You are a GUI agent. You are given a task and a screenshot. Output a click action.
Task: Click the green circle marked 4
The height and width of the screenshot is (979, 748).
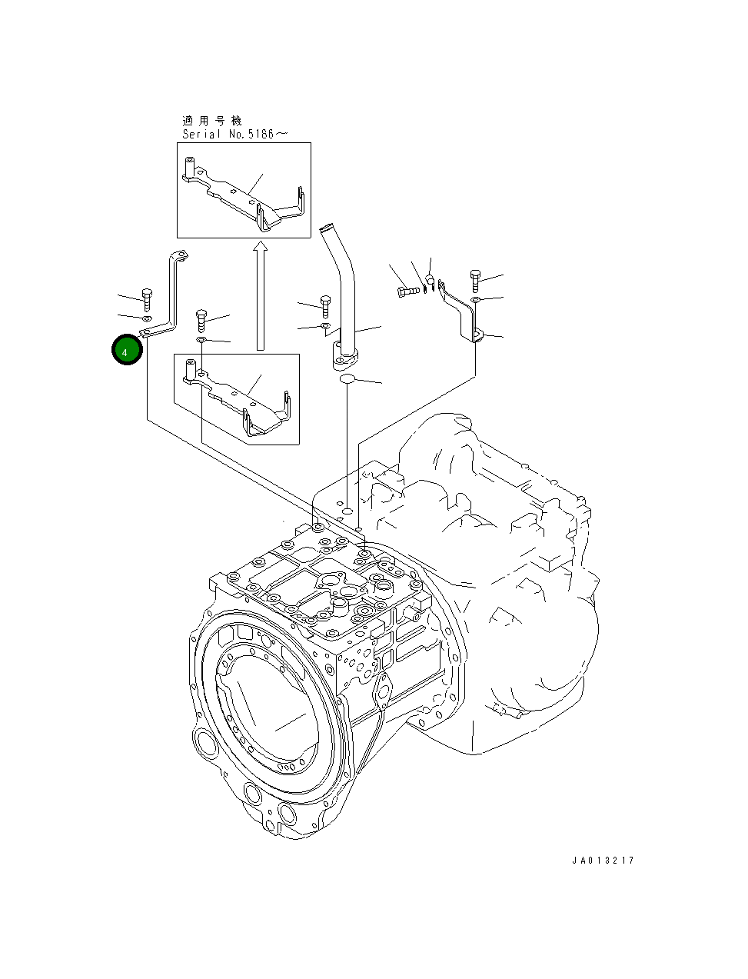pos(127,350)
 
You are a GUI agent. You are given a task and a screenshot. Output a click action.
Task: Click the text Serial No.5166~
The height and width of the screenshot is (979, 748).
pos(224,134)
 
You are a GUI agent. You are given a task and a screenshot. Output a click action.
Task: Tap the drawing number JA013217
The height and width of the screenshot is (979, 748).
pos(603,861)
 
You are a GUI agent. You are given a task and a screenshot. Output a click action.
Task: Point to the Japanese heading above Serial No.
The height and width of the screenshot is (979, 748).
pos(211,121)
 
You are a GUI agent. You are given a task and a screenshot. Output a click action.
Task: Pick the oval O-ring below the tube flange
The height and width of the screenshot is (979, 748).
pos(347,379)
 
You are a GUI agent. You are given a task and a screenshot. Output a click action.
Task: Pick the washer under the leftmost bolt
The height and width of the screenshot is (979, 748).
pos(146,317)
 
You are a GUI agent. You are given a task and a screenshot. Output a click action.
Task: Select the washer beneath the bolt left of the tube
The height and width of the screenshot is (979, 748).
pos(325,327)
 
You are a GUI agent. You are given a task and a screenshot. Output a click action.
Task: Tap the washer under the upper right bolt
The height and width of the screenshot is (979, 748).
pos(475,298)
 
